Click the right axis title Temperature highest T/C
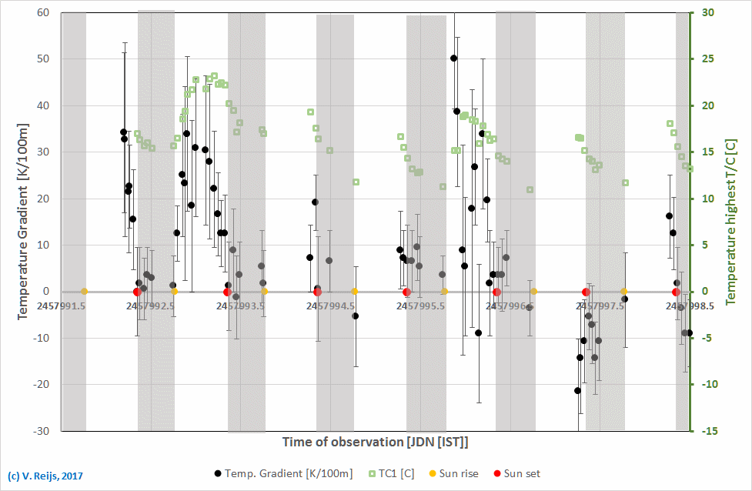pyautogui.click(x=730, y=222)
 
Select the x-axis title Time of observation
pyautogui.click(x=375, y=443)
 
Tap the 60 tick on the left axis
pyautogui.click(x=42, y=13)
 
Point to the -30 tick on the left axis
pyautogui.click(x=39, y=431)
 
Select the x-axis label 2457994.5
pyautogui.click(x=330, y=306)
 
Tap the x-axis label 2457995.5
pyautogui.click(x=420, y=306)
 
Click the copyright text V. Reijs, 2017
pyautogui.click(x=45, y=476)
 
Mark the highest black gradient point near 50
pyautogui.click(x=454, y=58)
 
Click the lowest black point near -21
pyautogui.click(x=577, y=391)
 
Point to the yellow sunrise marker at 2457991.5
pyautogui.click(x=84, y=292)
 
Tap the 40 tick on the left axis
pyautogui.click(x=42, y=106)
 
